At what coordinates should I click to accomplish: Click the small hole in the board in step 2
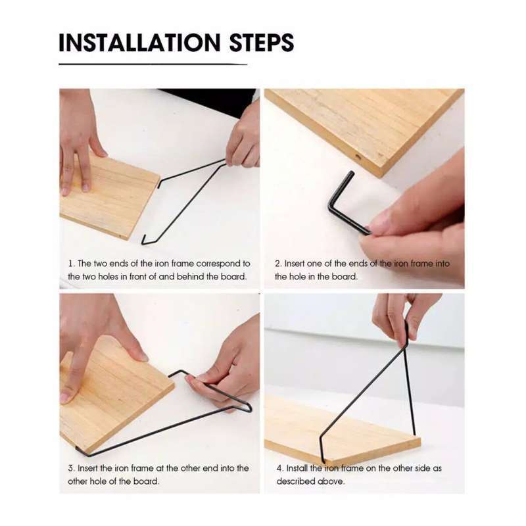[358, 158]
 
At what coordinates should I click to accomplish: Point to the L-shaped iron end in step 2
[342, 204]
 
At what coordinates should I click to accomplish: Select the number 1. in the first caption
[71, 263]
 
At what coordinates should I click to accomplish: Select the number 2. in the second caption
[278, 263]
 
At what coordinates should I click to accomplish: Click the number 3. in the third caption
[71, 468]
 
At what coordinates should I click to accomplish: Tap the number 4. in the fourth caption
[279, 468]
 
